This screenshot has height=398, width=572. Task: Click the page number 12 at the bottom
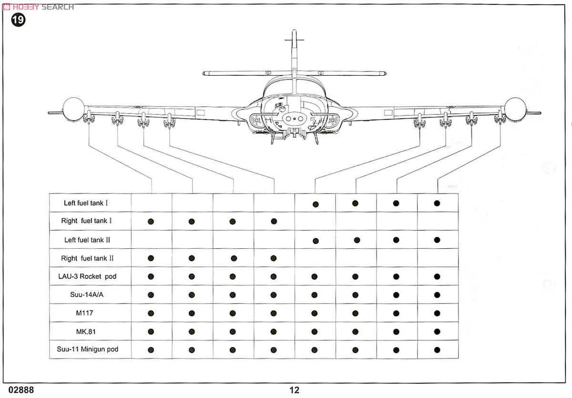tap(294, 390)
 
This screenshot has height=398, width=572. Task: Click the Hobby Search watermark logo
tap(38, 6)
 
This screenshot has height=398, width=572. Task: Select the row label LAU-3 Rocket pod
tap(90, 276)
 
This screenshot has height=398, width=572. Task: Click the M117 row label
tap(90, 313)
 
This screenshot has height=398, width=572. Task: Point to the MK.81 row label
tap(90, 331)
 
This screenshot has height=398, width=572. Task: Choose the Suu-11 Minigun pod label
tap(90, 349)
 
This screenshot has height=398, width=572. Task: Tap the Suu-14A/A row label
tap(90, 295)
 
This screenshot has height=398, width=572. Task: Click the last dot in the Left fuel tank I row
tap(437, 203)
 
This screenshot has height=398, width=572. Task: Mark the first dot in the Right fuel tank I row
tap(151, 221)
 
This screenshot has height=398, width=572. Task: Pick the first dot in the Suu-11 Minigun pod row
tap(151, 349)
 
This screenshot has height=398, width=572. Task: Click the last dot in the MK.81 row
tap(437, 331)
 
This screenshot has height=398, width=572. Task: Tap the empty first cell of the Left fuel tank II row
tap(151, 240)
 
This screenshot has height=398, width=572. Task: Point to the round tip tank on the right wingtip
tap(515, 109)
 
